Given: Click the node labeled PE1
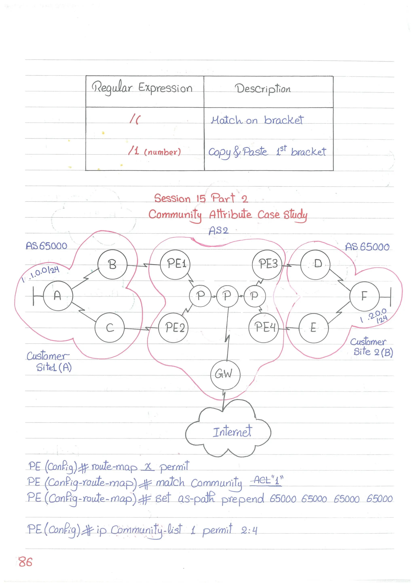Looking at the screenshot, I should (175, 264).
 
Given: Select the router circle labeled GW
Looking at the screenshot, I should (225, 374).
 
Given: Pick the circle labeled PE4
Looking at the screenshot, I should (264, 327).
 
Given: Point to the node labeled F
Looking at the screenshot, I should (364, 296).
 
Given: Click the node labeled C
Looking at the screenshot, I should (110, 327).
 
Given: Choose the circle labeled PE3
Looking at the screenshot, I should (267, 264).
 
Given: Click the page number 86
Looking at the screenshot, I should (25, 562).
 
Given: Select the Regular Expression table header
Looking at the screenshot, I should (142, 88).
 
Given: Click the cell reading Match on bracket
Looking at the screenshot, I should (257, 120).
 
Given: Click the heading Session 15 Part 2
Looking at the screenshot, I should (201, 198).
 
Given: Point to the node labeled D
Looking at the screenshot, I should (315, 264).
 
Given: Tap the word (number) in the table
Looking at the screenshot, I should (163, 152).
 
